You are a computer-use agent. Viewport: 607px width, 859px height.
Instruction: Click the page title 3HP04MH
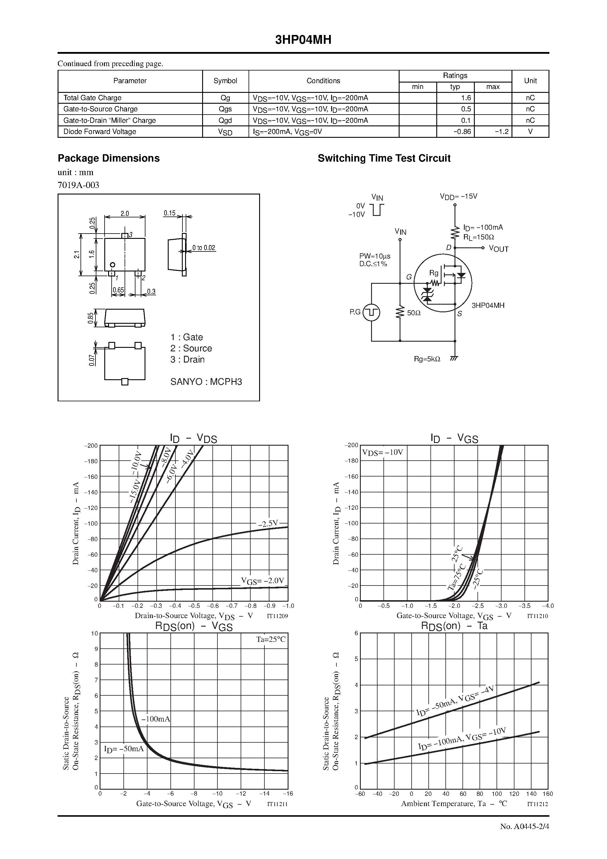303,40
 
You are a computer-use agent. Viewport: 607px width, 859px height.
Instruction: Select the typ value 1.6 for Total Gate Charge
466,98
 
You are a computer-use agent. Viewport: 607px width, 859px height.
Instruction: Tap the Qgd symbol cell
225,120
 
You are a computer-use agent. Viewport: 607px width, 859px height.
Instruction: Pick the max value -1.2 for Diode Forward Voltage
502,132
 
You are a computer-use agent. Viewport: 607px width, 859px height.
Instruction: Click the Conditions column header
323,81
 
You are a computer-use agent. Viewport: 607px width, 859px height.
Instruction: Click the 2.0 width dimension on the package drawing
125,214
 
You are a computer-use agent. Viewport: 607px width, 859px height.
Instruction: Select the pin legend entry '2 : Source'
191,348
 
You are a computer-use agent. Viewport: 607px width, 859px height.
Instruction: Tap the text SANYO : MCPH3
206,382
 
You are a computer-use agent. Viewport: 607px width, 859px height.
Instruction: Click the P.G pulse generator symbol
372,312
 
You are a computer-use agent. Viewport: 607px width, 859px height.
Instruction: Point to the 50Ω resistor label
413,313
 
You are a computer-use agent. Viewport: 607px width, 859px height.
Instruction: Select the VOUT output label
499,249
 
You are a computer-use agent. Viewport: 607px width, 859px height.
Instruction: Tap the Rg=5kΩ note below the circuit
427,359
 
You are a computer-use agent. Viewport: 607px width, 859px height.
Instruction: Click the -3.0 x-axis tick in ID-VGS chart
501,606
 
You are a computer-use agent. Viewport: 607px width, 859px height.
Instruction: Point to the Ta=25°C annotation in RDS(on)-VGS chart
271,639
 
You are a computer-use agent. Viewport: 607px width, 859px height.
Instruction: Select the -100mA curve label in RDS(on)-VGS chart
156,719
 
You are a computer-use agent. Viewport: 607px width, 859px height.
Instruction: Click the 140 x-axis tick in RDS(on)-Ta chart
531,793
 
